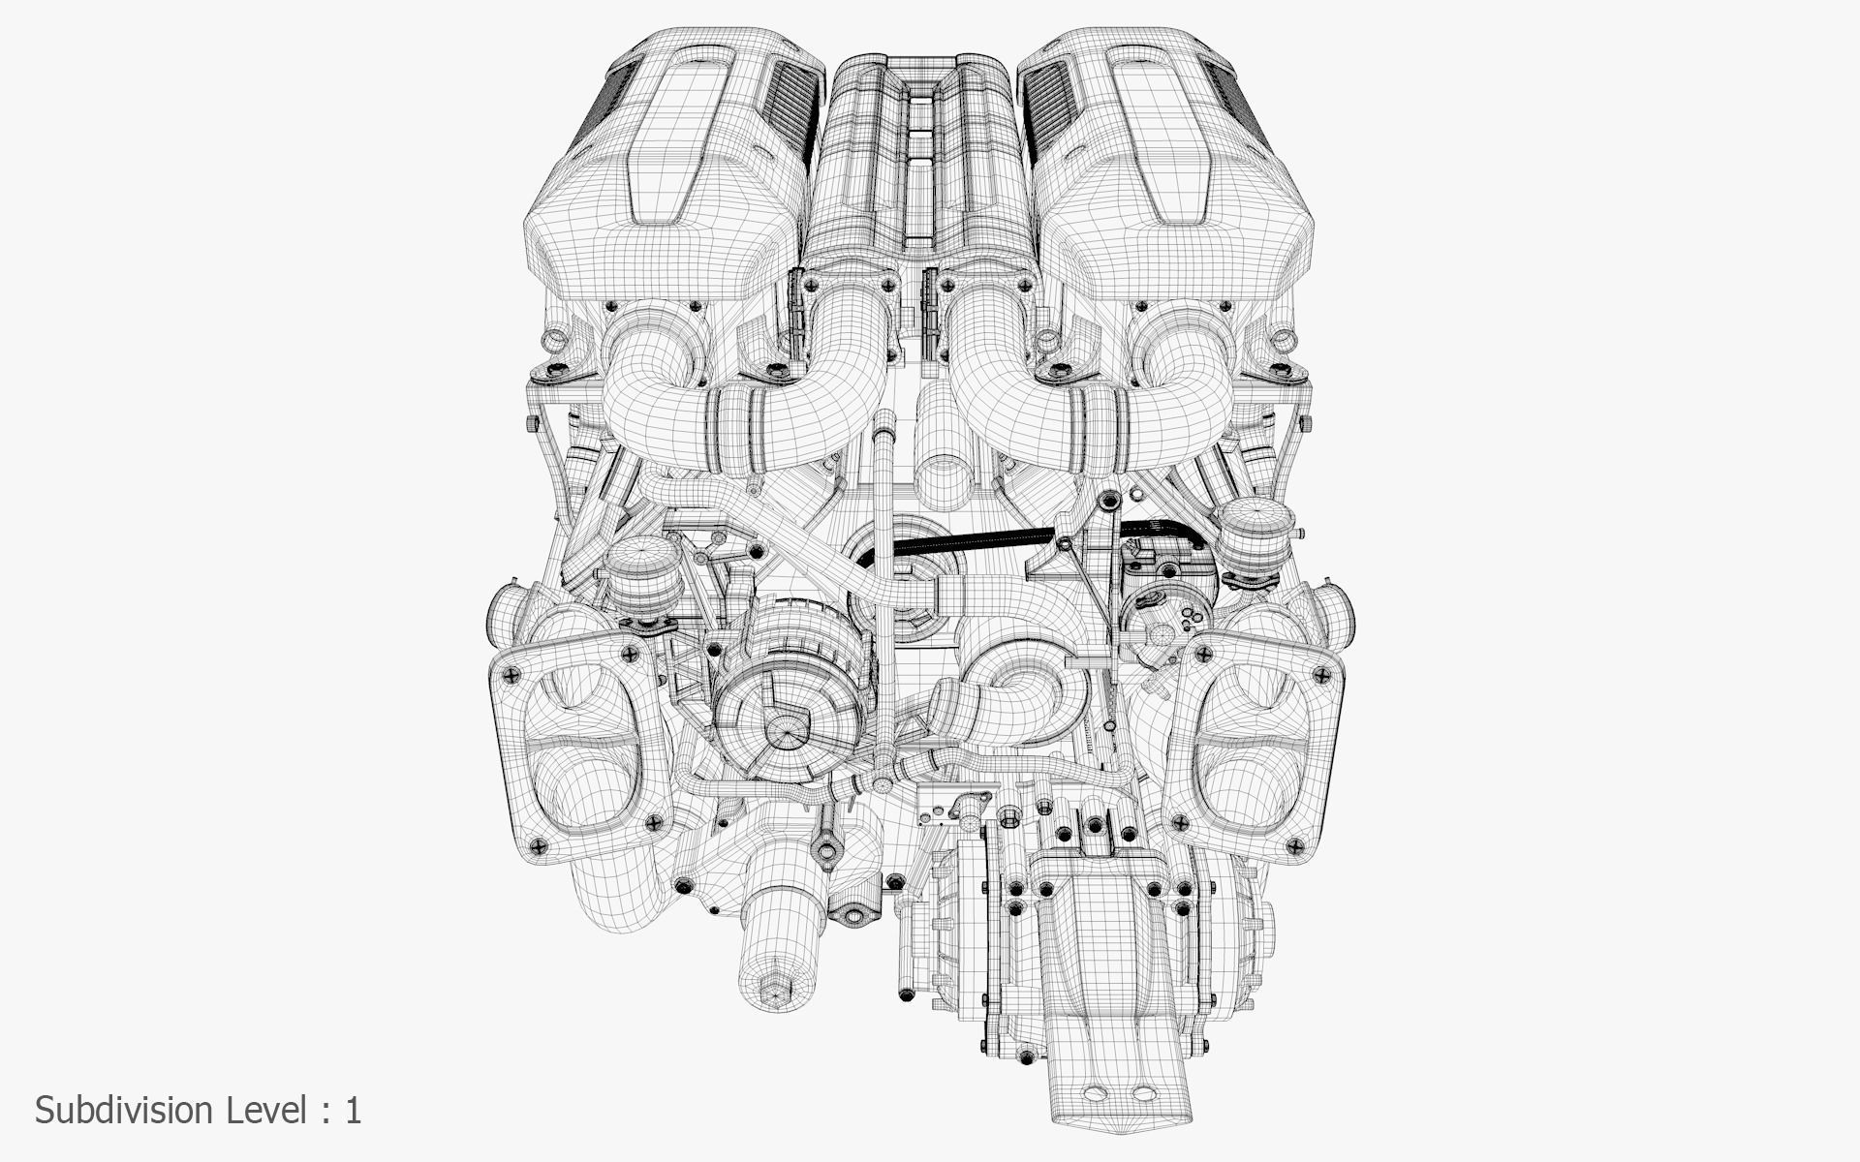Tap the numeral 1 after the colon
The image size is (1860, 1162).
pos(353,1110)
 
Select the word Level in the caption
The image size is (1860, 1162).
pos(268,1110)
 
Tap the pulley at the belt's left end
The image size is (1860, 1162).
pos(877,562)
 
